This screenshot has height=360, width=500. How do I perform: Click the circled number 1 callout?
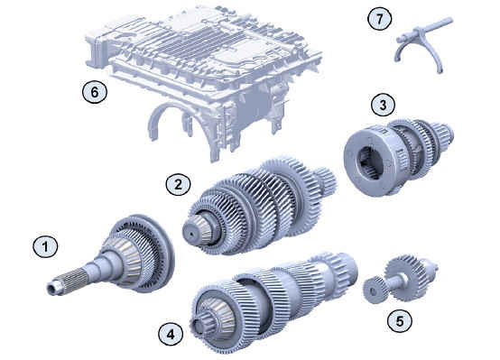pyautogui.click(x=46, y=246)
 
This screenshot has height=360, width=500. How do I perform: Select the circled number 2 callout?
pyautogui.click(x=178, y=184)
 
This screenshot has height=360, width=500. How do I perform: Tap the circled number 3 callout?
pyautogui.click(x=383, y=105)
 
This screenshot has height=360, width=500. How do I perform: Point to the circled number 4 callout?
pyautogui.click(x=171, y=334)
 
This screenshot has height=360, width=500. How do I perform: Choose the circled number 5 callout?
pyautogui.click(x=400, y=321)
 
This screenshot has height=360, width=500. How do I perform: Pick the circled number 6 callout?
pyautogui.click(x=95, y=92)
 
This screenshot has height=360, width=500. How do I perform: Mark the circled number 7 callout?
pyautogui.click(x=379, y=19)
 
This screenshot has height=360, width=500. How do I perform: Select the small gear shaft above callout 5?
pyautogui.click(x=401, y=280)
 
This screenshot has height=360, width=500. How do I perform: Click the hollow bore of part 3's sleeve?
pyautogui.click(x=371, y=162)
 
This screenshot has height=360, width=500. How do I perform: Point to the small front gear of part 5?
pyautogui.click(x=375, y=290)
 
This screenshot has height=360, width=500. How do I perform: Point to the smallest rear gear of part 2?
pyautogui.click(x=325, y=180)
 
